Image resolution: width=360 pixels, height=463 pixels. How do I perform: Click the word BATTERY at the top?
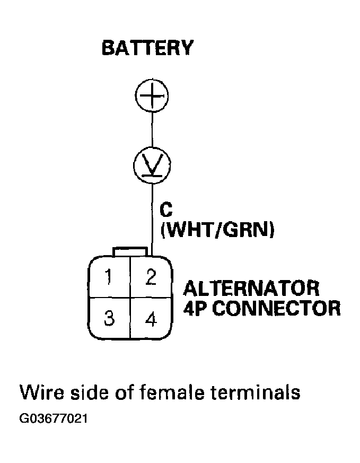tap(147, 48)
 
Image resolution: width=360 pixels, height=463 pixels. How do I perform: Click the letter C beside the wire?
tap(166, 210)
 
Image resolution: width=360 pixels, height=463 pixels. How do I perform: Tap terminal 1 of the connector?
tap(110, 277)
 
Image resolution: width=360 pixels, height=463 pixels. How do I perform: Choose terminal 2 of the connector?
tap(151, 277)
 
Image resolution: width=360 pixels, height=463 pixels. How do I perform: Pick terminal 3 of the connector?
tap(110, 319)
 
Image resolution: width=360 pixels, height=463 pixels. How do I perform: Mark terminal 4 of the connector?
tap(151, 320)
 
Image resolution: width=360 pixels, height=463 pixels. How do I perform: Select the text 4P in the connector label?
tap(196, 308)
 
